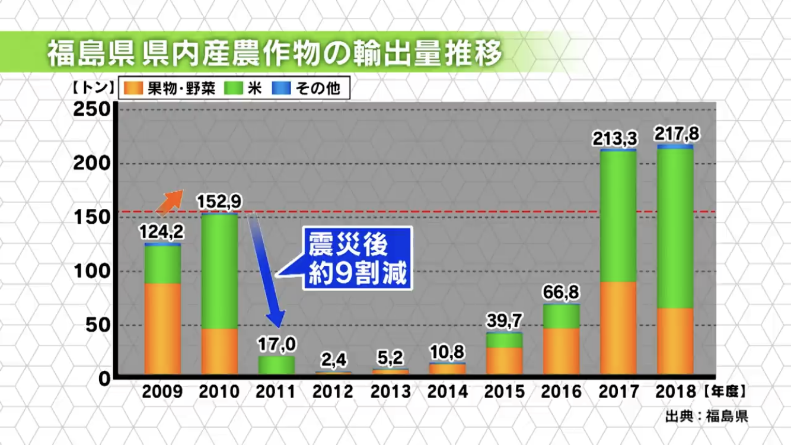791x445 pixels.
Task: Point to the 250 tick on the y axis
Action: click(x=92, y=110)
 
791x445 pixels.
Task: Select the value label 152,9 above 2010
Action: click(x=219, y=202)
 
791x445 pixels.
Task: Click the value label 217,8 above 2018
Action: click(x=677, y=133)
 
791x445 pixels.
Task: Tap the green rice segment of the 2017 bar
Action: click(x=618, y=217)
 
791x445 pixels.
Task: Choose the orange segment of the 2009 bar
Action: click(x=162, y=328)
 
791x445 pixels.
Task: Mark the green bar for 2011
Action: click(x=276, y=365)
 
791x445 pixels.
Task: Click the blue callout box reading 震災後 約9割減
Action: click(x=357, y=259)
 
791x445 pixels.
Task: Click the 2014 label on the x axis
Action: click(x=447, y=392)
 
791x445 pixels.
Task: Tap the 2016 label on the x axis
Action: click(x=561, y=392)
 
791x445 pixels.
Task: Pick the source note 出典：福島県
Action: click(x=706, y=416)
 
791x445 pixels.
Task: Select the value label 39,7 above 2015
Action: click(x=504, y=321)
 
